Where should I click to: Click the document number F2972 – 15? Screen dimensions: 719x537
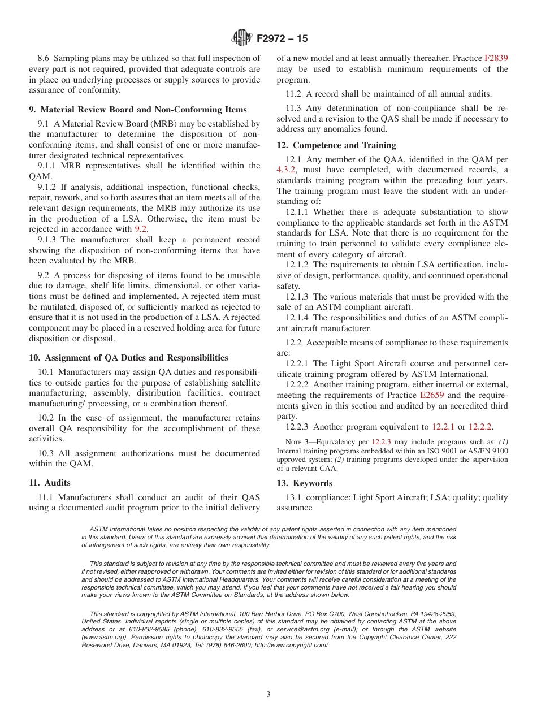point(282,39)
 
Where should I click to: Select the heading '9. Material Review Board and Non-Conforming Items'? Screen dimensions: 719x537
point(144,110)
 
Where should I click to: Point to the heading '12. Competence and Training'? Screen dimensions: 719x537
point(336,145)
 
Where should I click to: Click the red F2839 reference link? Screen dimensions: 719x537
point(496,58)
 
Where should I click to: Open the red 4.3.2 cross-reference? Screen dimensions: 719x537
point(286,170)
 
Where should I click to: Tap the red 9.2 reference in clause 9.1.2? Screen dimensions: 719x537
point(141,229)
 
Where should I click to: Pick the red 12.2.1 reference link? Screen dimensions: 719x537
point(443,427)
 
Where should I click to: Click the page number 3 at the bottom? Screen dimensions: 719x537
point(268,695)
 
